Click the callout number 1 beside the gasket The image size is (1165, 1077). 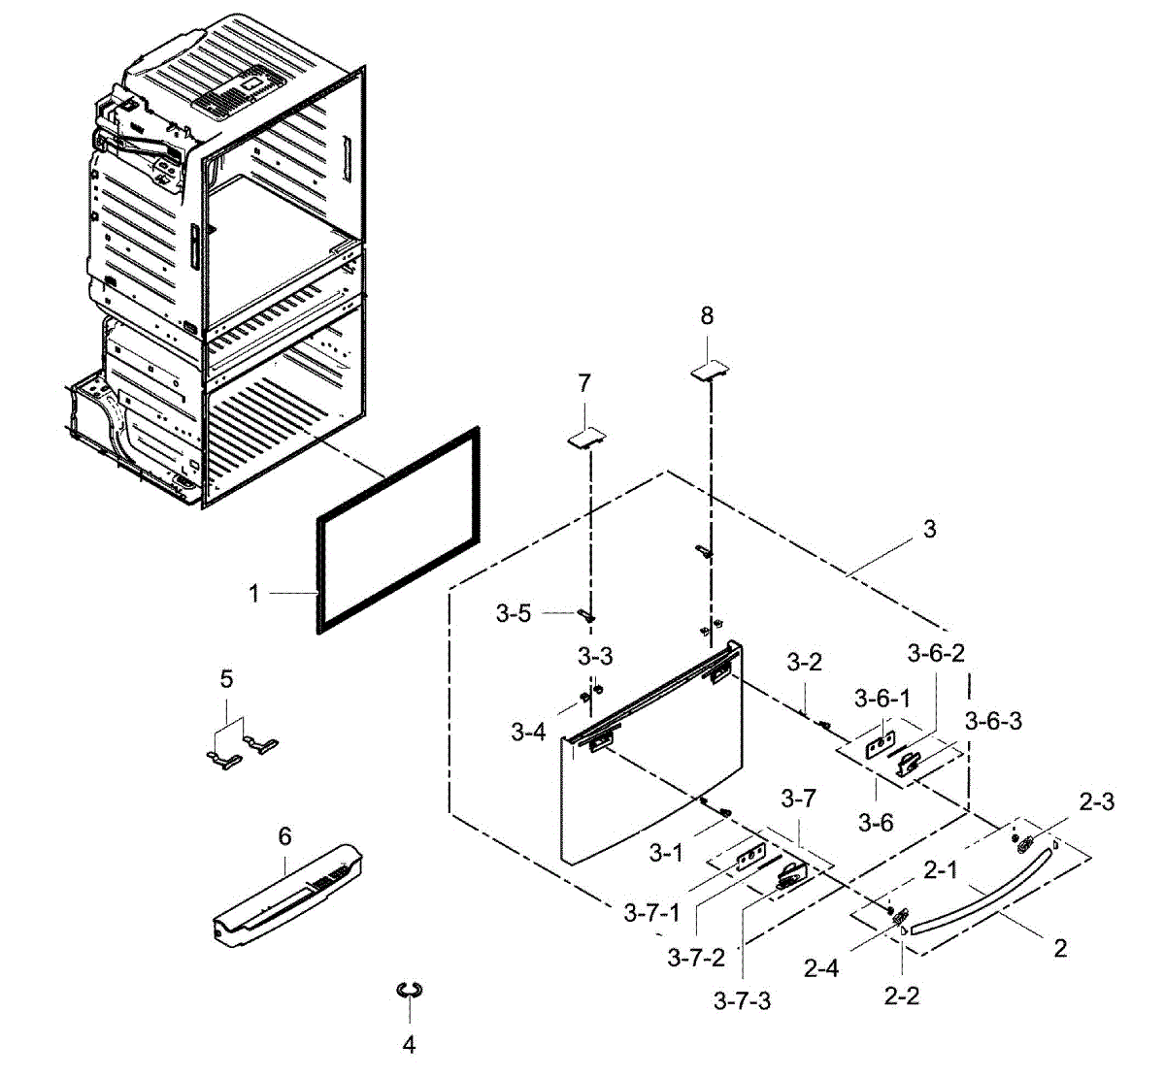[254, 592]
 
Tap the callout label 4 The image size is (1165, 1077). [409, 1045]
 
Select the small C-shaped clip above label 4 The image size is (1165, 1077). [410, 990]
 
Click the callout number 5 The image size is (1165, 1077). [226, 678]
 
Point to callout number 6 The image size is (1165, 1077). [284, 836]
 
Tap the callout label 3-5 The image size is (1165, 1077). [514, 613]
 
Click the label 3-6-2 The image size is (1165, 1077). [936, 653]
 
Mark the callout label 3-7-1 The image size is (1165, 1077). [651, 913]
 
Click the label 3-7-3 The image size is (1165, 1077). [742, 1000]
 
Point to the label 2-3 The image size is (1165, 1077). [1096, 801]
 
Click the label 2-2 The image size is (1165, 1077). [902, 996]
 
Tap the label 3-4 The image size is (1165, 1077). [528, 733]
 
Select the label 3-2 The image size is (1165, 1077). [804, 663]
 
